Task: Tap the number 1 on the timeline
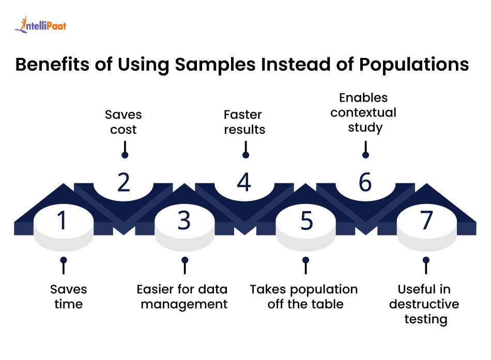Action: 62,221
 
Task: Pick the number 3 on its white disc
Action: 184,221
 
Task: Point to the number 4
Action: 244,182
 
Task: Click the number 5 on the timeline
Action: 306,221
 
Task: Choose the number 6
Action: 365,182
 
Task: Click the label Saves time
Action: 68,296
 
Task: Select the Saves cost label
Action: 123,121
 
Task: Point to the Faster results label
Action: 244,121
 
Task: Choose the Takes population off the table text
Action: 304,296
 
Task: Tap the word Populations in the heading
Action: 410,65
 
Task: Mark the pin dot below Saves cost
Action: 125,155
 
